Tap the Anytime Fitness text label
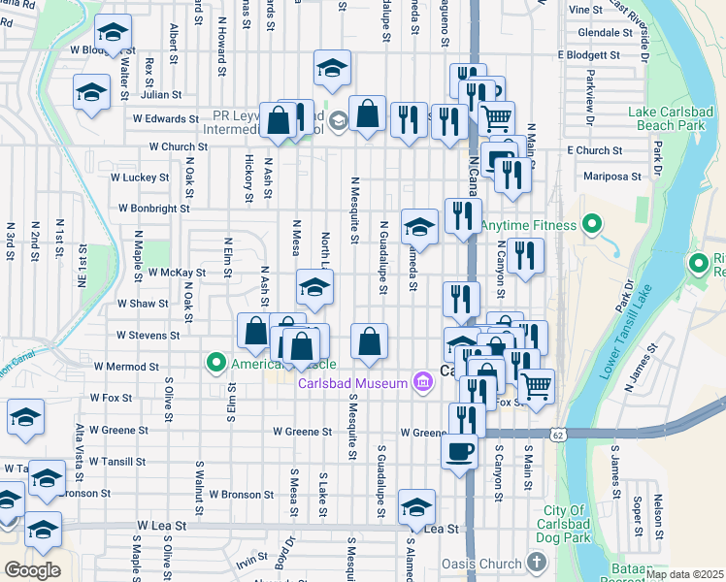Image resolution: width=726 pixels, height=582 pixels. pyautogui.click(x=528, y=225)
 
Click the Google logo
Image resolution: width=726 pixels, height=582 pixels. pyautogui.click(x=32, y=569)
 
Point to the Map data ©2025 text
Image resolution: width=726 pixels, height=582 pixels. pyautogui.click(x=684, y=574)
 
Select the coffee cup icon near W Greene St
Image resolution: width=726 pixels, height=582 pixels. pyautogui.click(x=459, y=450)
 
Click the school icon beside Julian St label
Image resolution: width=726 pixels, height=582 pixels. pyautogui.click(x=92, y=92)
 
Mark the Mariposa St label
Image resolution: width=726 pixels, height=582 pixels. pyautogui.click(x=612, y=177)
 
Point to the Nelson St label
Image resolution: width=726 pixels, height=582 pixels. pyautogui.click(x=659, y=513)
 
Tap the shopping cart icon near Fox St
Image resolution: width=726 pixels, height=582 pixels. pyautogui.click(x=535, y=385)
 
